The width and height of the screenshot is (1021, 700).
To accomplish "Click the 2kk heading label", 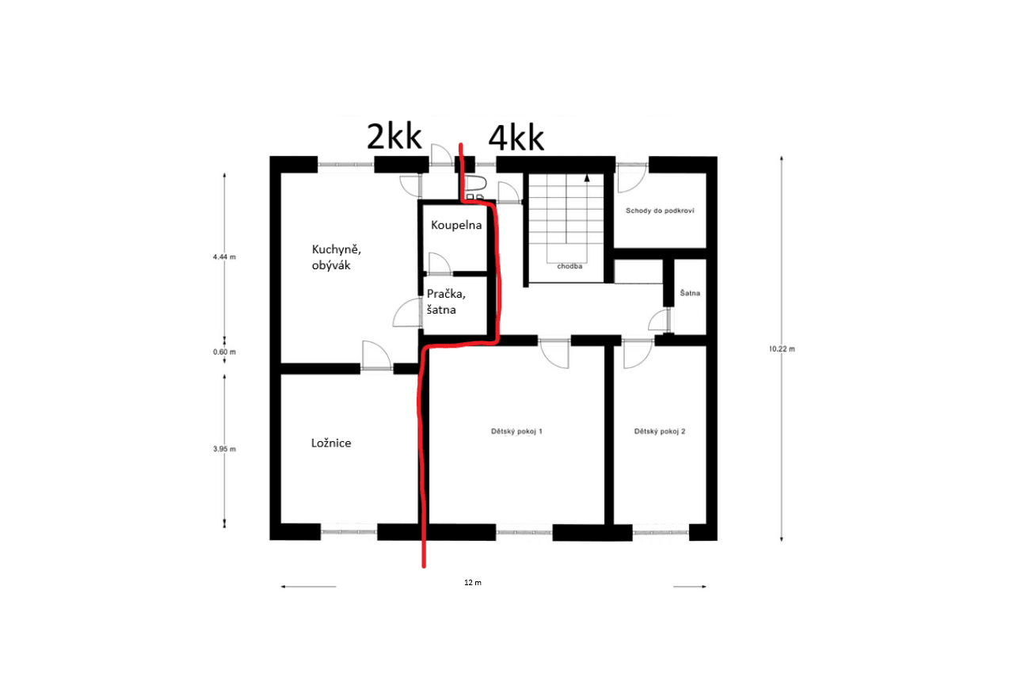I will point(393,138).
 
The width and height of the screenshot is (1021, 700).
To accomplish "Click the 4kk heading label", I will point(516,139).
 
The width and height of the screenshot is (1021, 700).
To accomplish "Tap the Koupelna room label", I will point(456,225).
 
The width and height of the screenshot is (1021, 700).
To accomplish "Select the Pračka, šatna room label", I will point(447,301).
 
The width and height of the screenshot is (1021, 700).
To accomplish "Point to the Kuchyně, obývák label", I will point(336,257).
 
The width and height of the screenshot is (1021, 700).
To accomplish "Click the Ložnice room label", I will point(330,443).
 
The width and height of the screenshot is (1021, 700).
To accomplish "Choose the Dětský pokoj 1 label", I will point(516,432).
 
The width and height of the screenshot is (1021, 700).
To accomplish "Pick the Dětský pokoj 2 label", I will point(659,432).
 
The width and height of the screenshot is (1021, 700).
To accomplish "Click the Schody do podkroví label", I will point(660,211).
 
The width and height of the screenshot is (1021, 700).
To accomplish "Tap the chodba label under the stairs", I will point(570,267).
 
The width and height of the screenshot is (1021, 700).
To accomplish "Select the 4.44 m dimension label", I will point(224,257).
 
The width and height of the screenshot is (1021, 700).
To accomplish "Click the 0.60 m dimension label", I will point(224,352).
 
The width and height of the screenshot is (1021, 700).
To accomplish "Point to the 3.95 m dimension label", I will point(224,449).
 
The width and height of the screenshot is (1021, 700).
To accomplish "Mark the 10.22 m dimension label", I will point(782,348).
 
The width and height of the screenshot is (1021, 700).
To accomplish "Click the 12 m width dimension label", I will point(473,582).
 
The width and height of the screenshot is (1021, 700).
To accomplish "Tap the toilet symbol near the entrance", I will point(474,188).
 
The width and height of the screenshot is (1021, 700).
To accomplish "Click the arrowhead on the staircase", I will point(587,179).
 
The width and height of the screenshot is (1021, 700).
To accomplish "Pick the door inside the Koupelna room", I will point(439,262).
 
